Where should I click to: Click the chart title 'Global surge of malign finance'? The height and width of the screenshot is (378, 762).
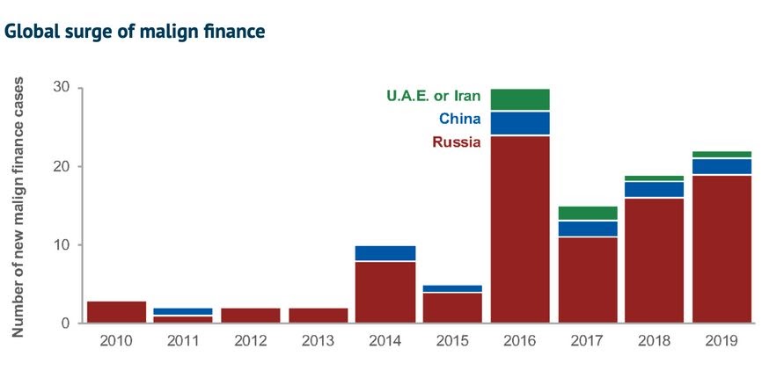point(135,33)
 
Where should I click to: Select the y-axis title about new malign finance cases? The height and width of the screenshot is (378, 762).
point(18,207)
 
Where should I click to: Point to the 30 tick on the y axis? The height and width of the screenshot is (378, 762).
point(61,88)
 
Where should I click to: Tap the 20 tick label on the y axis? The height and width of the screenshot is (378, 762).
point(61,166)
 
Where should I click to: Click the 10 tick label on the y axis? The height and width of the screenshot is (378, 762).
point(61,244)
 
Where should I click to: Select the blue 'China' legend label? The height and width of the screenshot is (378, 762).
point(458,118)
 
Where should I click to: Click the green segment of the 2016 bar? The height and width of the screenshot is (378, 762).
point(520,99)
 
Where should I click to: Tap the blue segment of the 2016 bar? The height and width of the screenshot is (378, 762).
point(520,123)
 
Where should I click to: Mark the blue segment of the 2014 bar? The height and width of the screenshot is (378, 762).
point(385,253)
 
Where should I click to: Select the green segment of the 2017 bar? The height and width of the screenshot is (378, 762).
point(587,213)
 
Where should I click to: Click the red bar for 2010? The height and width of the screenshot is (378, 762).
point(117,312)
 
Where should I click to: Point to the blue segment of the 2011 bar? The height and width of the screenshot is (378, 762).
point(184,311)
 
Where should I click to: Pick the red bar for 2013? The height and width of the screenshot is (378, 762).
point(319,316)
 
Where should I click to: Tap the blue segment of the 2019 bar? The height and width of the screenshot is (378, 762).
point(722,166)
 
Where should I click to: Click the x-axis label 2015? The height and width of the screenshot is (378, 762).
point(453,339)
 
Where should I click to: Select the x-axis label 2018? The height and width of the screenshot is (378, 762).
point(655,339)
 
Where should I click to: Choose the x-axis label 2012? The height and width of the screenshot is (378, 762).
point(252,339)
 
